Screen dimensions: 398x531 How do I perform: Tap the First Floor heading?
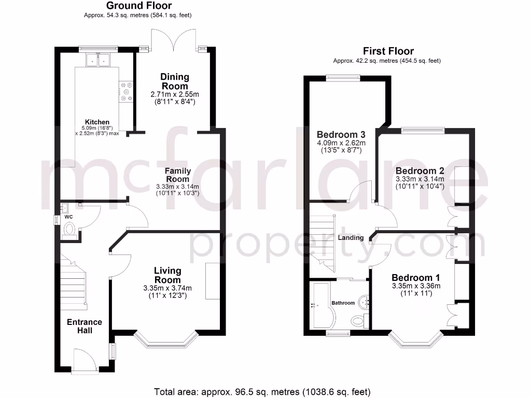[388, 51]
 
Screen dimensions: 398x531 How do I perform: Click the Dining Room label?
[175, 81]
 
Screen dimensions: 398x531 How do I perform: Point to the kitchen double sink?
[98, 60]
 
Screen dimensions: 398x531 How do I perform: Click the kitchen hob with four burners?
[126, 91]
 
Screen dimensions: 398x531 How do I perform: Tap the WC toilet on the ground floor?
[69, 229]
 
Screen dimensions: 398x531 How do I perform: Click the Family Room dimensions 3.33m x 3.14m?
[178, 187]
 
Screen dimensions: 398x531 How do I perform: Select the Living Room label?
[167, 275]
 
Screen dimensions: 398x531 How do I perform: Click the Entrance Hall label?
[85, 326]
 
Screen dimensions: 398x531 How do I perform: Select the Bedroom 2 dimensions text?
[420, 182]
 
